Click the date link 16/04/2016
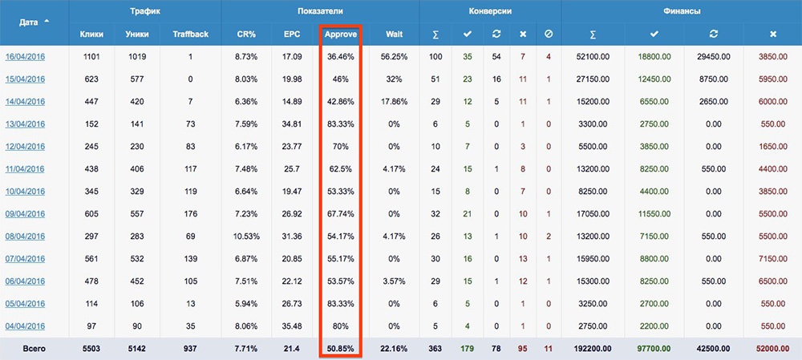tap(25, 57)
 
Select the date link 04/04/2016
tap(25, 326)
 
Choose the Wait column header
tap(394, 34)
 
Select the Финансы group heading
tap(681, 11)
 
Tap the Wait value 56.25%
tap(394, 57)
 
